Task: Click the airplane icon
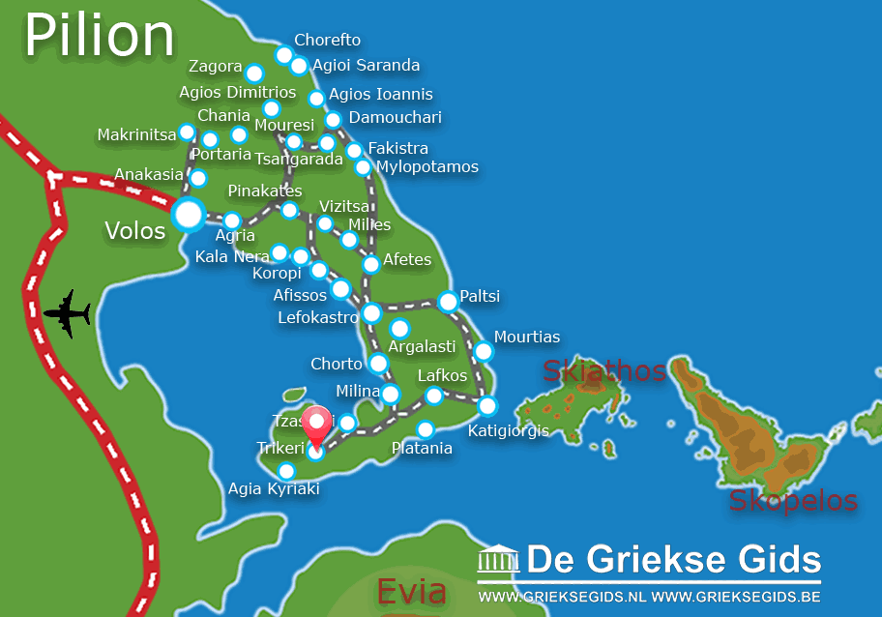point(67,313)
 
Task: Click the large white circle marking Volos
point(188,215)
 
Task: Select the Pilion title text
point(99,36)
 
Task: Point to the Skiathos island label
point(604,370)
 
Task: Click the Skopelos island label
point(793,500)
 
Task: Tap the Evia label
point(412,590)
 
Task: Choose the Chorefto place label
point(327,41)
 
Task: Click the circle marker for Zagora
point(253,73)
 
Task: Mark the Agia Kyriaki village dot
point(286,471)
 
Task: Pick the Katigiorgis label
point(508,430)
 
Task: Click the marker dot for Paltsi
point(448,302)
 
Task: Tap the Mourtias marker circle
point(484,351)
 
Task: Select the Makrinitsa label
point(137,134)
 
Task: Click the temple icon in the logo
point(498,560)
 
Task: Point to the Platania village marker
point(425,429)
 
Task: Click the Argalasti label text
point(422,347)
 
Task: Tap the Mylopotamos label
point(427,167)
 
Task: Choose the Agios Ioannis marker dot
point(316,99)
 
